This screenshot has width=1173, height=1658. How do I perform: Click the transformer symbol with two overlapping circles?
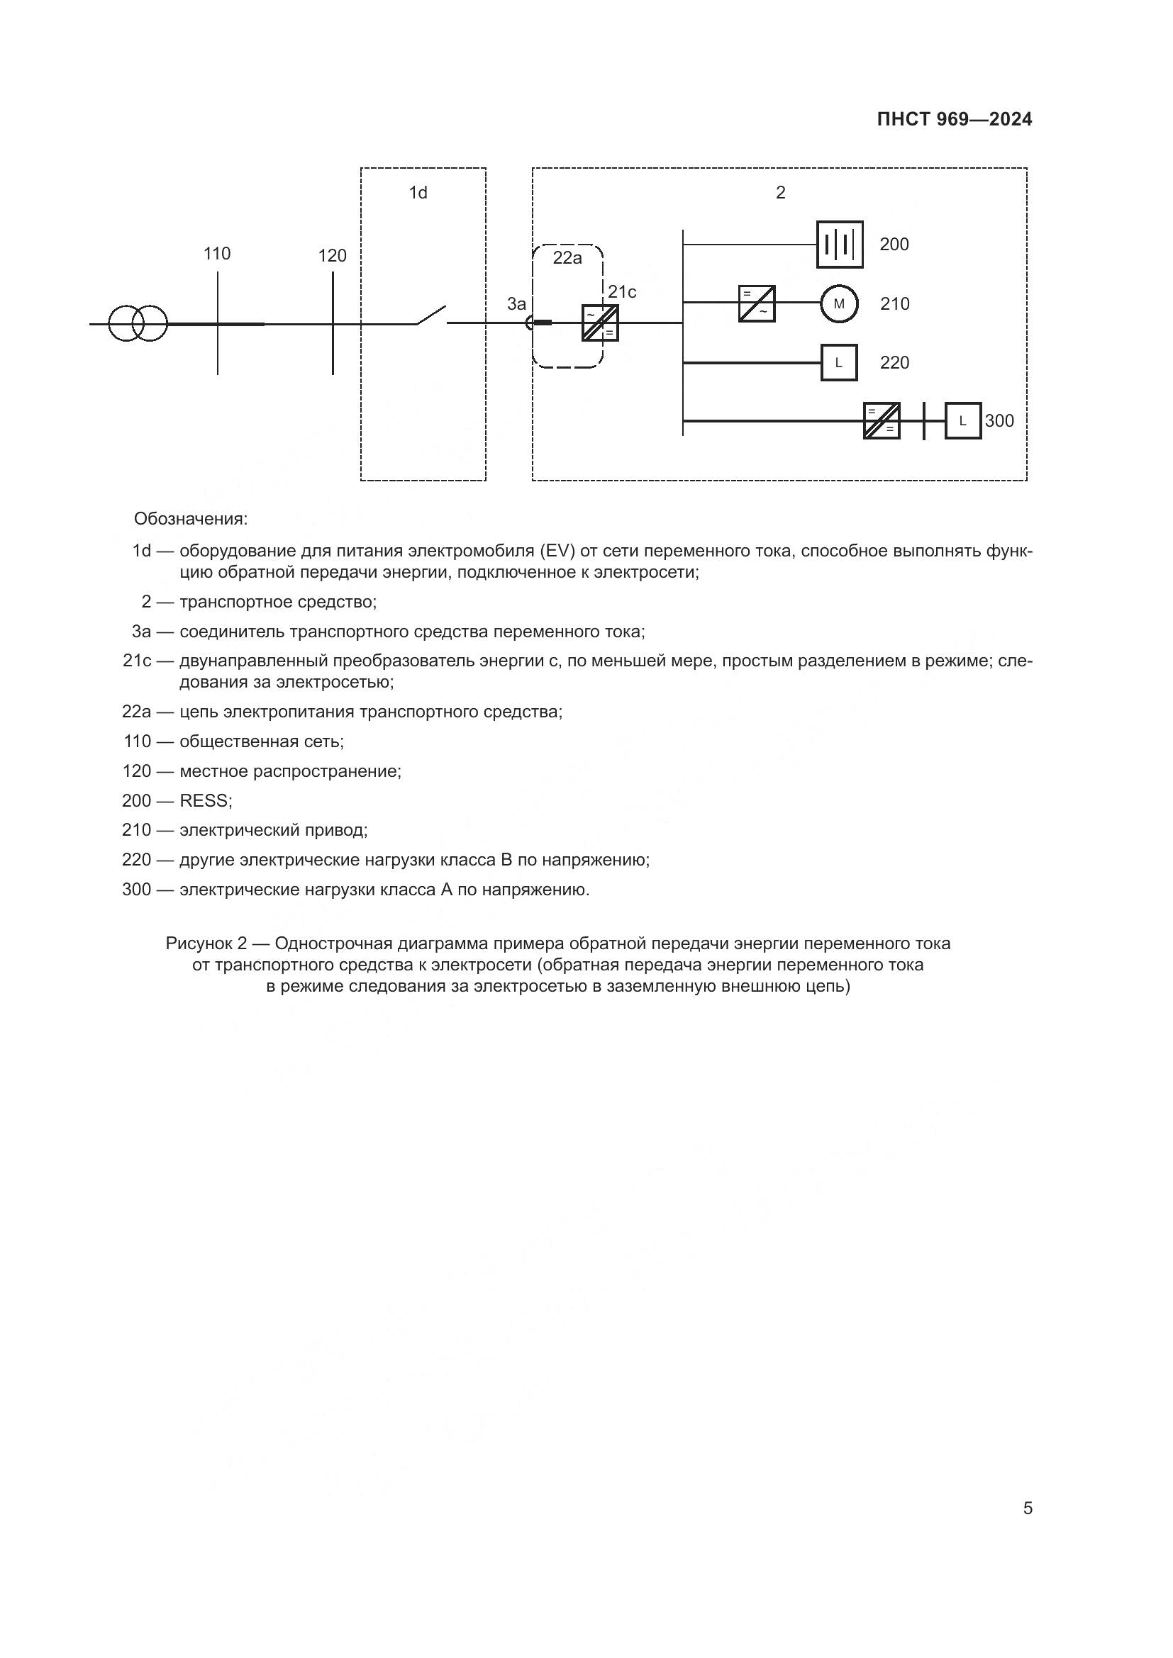click(x=138, y=323)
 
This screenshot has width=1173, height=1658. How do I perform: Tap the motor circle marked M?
click(x=838, y=304)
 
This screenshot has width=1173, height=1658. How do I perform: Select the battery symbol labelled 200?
click(x=839, y=244)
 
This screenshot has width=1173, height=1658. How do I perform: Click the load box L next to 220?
click(x=838, y=362)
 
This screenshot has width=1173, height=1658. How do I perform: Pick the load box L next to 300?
click(x=963, y=421)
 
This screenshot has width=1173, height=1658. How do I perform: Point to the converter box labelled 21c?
click(x=600, y=323)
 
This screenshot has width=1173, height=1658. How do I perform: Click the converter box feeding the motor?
click(x=756, y=304)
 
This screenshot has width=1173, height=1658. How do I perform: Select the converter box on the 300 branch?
click(x=882, y=421)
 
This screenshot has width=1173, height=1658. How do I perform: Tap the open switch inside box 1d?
click(x=431, y=316)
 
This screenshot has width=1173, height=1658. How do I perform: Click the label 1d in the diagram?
click(x=418, y=193)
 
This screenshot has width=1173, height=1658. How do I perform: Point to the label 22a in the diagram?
click(x=567, y=258)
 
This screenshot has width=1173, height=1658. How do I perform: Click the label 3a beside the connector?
click(x=516, y=304)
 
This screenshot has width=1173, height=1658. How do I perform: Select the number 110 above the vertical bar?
click(x=217, y=254)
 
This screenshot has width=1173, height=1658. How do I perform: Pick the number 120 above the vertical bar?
click(x=332, y=256)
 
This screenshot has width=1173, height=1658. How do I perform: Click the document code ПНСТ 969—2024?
click(x=954, y=120)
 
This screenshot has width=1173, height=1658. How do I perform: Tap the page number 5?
click(x=1027, y=1508)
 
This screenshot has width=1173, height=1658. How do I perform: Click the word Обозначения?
click(x=191, y=518)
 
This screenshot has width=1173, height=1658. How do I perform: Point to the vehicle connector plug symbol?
click(x=538, y=323)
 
